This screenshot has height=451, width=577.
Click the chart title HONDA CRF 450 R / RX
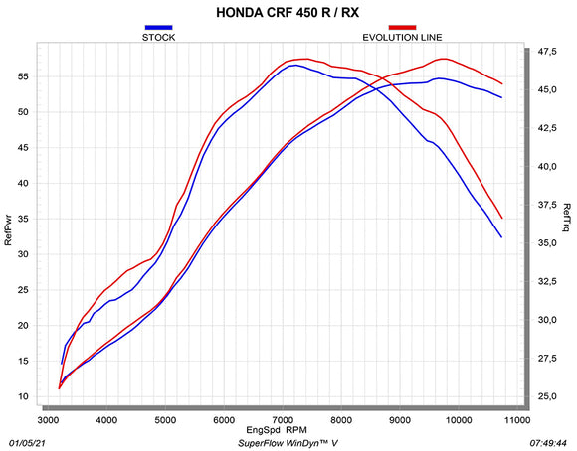tap(288, 14)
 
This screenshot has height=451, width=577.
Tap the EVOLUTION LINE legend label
tap(402, 37)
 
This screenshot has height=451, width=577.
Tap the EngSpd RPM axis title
tap(288, 432)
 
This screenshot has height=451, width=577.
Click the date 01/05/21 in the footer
tap(27, 443)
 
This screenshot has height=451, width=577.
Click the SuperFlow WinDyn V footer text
tap(288, 443)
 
